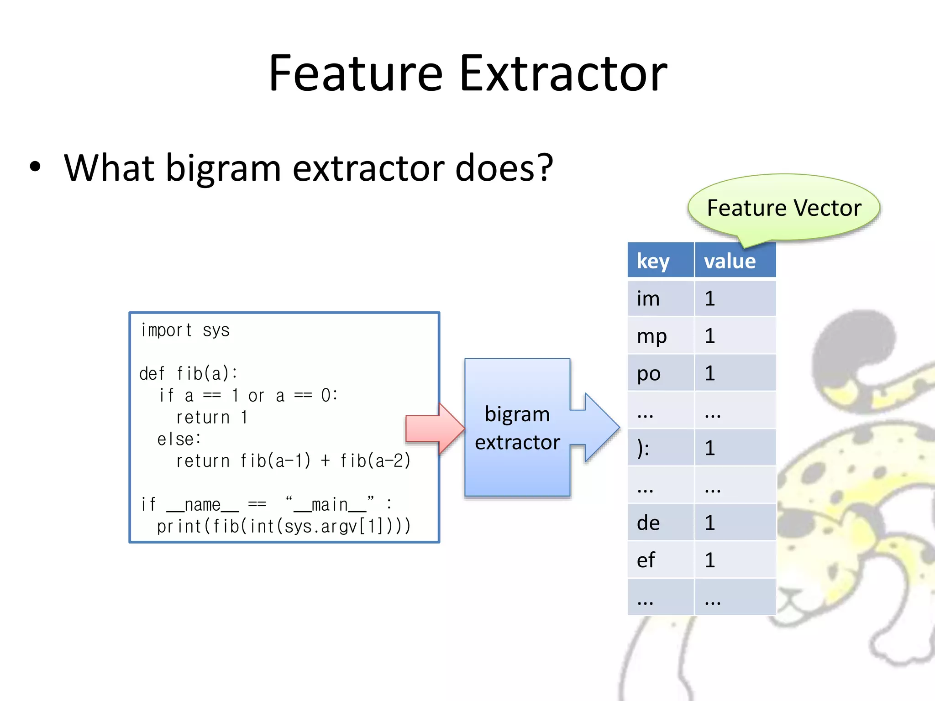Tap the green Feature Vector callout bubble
[783, 209]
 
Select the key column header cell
[660, 261]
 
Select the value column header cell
[735, 261]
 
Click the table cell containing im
[660, 298]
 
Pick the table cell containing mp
[660, 336]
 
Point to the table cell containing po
[660, 373]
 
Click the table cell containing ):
[660, 448]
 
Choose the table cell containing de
[660, 523]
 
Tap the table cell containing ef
[660, 560]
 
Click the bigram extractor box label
[517, 428]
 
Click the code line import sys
[185, 330]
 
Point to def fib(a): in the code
[189, 374]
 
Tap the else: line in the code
[179, 439]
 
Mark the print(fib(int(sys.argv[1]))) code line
[284, 527]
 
